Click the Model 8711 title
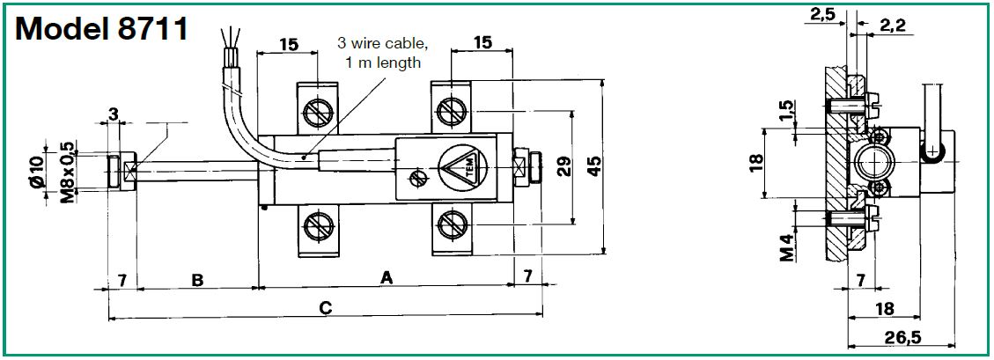click(x=102, y=29)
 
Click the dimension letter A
click(x=386, y=278)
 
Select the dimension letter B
click(x=198, y=280)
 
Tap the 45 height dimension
click(x=595, y=167)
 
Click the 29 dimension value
click(x=563, y=167)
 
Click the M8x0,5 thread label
click(x=66, y=173)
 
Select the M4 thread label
click(x=786, y=246)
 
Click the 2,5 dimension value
click(x=823, y=13)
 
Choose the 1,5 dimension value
click(x=786, y=112)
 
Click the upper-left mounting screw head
click(x=317, y=114)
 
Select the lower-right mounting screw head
click(x=452, y=225)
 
